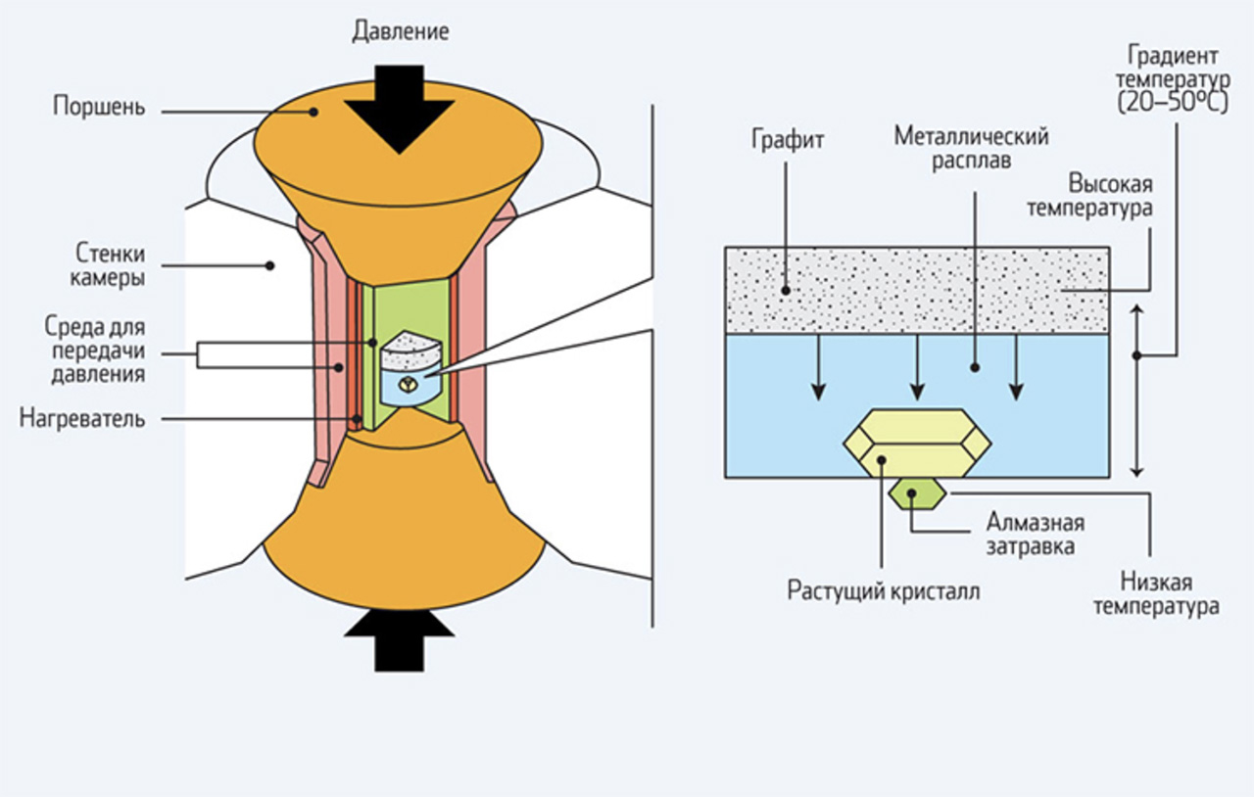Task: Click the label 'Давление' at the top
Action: click(400, 31)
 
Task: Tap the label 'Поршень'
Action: click(99, 107)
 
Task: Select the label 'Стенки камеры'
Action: click(107, 264)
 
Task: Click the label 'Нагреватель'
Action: click(81, 420)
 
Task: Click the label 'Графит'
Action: click(788, 139)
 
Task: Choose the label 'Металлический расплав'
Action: click(971, 148)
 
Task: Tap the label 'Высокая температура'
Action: click(1109, 196)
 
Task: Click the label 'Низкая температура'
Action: click(1156, 594)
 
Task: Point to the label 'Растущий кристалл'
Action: click(883, 591)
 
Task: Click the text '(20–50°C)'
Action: click(1172, 102)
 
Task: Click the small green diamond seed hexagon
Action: click(916, 492)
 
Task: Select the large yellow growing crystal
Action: click(917, 444)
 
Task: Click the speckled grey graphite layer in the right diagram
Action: click(916, 289)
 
